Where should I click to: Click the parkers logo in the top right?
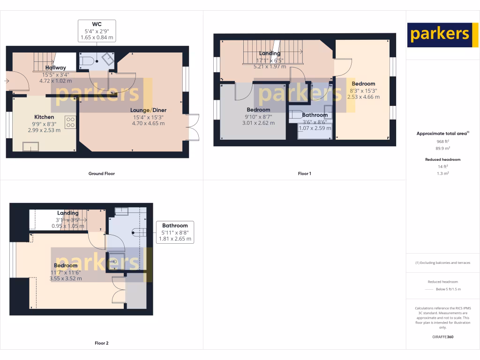click(x=440, y=35)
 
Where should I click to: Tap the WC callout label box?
click(x=96, y=30)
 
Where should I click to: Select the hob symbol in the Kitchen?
click(x=70, y=122)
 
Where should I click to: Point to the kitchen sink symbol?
click(x=31, y=148)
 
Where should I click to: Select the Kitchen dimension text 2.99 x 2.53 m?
click(x=44, y=130)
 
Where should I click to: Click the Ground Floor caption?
click(x=102, y=173)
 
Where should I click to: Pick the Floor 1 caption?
click(x=304, y=173)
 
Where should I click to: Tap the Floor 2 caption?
click(x=101, y=343)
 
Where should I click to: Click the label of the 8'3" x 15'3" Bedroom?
click(x=363, y=84)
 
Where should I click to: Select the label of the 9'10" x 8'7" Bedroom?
click(x=259, y=110)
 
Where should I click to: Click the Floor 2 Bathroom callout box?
click(x=175, y=232)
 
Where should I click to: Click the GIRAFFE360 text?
click(x=443, y=337)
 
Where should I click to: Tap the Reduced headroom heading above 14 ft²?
click(x=443, y=159)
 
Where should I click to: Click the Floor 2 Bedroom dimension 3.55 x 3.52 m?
click(x=66, y=278)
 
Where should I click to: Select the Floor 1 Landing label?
click(x=270, y=53)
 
